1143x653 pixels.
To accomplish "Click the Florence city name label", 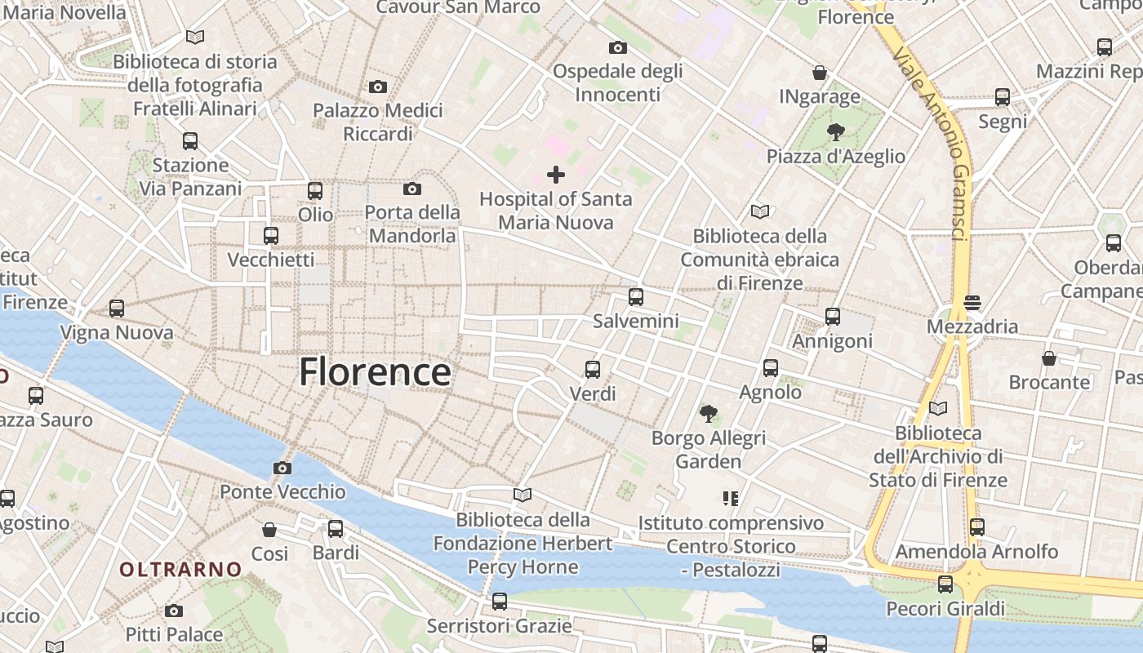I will click(x=375, y=372).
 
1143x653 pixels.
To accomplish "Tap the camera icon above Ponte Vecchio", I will click(x=282, y=468).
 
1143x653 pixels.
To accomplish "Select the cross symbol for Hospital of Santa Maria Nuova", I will click(x=556, y=174).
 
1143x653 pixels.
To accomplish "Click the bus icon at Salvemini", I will click(x=636, y=297).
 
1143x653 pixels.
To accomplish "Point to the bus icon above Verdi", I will click(x=593, y=370).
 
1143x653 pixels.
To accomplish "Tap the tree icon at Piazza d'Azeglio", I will click(x=835, y=131).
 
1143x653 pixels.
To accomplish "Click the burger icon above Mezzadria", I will click(x=972, y=303).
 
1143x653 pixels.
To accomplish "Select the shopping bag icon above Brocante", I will click(x=1049, y=358).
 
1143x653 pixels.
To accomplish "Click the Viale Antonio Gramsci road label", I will click(x=932, y=143).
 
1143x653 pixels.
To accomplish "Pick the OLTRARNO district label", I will click(x=181, y=569).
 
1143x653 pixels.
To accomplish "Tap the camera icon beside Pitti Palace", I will click(x=174, y=611).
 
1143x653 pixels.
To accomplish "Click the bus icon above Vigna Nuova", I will click(x=117, y=309).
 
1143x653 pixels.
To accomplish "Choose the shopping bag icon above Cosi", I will click(x=269, y=530).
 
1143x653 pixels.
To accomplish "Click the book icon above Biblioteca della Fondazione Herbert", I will click(x=523, y=495).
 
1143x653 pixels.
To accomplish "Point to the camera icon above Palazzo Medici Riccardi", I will click(x=377, y=87).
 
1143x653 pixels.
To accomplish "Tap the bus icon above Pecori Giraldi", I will click(x=945, y=584).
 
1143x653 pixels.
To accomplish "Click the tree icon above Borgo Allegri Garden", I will click(x=708, y=414).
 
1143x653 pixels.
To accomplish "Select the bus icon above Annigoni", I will click(x=833, y=317).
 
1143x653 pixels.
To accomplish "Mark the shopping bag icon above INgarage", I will click(x=820, y=73).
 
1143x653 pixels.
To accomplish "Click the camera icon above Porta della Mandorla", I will click(x=412, y=189).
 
